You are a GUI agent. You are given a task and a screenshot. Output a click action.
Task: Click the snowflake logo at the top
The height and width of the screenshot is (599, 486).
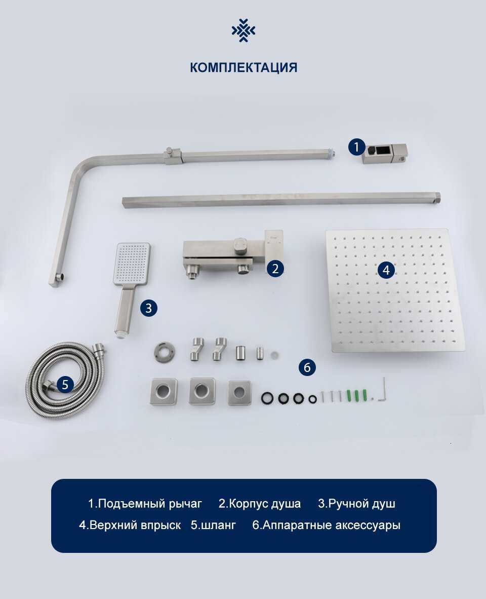click(244, 30)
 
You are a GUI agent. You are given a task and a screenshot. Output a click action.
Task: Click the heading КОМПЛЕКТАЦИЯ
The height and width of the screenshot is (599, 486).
click(244, 67)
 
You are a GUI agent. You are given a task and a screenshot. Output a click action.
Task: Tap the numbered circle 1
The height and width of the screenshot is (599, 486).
click(357, 146)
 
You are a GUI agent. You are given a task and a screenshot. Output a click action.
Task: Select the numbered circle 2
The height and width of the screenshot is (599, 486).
click(275, 269)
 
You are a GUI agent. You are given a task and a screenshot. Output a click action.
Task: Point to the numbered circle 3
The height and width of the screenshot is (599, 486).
click(149, 308)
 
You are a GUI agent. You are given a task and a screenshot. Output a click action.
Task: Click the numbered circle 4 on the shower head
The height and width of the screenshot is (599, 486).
click(386, 270)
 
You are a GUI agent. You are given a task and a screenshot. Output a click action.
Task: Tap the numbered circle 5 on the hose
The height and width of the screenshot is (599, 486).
click(65, 384)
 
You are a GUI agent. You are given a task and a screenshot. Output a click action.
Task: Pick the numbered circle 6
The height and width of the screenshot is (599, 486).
click(307, 367)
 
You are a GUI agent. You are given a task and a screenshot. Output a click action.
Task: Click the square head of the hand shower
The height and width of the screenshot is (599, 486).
click(132, 265)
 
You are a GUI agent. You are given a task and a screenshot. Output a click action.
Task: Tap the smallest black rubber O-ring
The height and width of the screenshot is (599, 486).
click(312, 400)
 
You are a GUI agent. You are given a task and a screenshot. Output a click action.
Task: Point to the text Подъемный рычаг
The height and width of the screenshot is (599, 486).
click(149, 504)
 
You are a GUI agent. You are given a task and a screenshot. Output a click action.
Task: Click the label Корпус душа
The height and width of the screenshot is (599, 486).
click(265, 504)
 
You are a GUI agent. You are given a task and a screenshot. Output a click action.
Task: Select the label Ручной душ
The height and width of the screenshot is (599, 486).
click(361, 504)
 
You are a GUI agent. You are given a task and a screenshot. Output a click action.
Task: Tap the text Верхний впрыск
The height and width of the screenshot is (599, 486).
click(135, 526)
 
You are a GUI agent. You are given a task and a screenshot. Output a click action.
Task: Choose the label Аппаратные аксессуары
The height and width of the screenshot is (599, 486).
click(332, 526)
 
